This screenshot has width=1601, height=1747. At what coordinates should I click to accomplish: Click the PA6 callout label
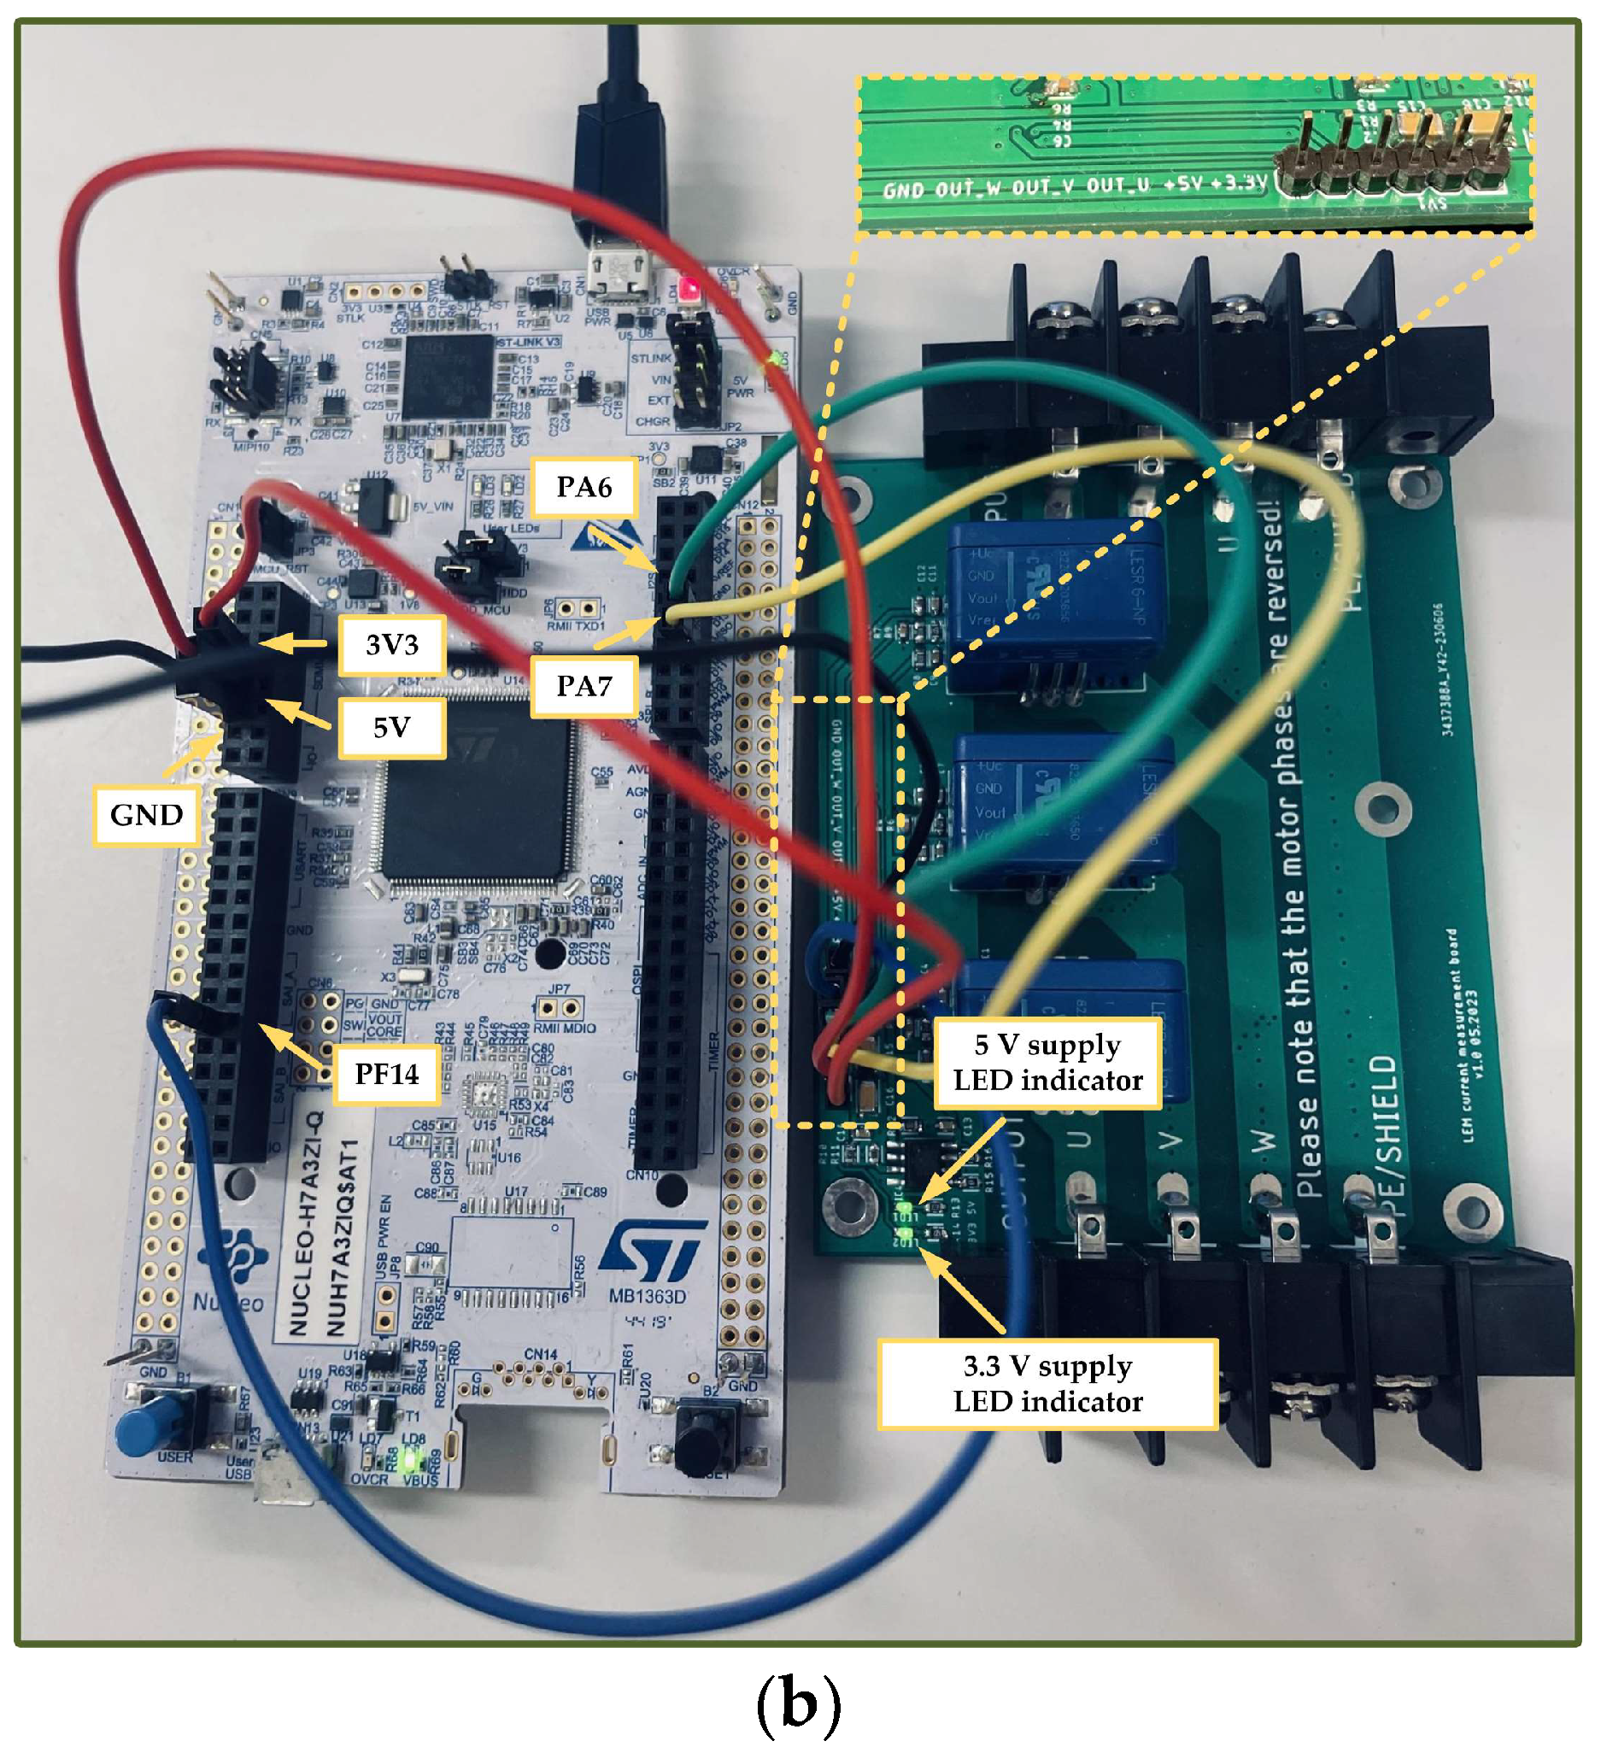pyautogui.click(x=584, y=487)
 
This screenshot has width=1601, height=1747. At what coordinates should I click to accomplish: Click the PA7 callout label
pyautogui.click(x=584, y=686)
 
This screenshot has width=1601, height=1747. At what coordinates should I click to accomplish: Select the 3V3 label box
pyautogui.click(x=392, y=645)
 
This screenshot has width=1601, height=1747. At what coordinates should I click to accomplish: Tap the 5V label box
pyautogui.click(x=392, y=727)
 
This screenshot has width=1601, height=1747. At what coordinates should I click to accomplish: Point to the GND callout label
pyautogui.click(x=146, y=815)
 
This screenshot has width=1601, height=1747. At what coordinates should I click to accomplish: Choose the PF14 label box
pyautogui.click(x=387, y=1074)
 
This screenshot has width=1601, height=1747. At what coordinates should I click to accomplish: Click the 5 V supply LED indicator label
pyautogui.click(x=1047, y=1063)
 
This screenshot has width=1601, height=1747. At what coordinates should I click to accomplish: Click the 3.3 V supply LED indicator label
pyautogui.click(x=1047, y=1383)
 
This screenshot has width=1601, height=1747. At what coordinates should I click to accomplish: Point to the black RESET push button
pyautogui.click(x=702, y=1433)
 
